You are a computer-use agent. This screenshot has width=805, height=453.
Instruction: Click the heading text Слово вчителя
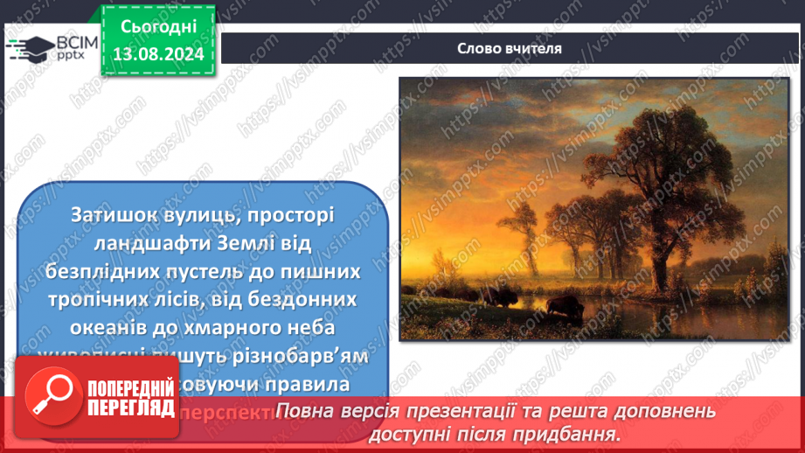tap(509, 48)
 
